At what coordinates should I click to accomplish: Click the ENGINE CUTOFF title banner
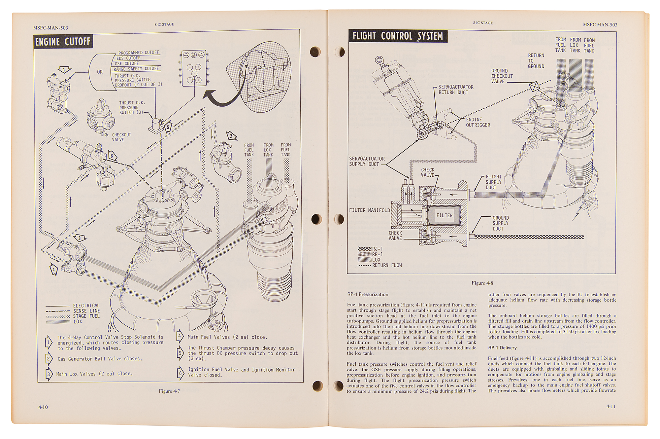pos(63,42)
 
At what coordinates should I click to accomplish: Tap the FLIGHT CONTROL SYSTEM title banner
pos(398,36)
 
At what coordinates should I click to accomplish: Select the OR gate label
pos(100,72)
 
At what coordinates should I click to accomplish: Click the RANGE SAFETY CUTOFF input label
pos(136,69)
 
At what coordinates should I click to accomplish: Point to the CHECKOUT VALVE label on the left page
pos(121,137)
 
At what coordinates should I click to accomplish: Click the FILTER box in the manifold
pos(444,215)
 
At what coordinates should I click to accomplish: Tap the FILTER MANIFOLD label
pos(369,210)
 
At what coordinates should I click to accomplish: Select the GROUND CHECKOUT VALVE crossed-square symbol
pos(534,87)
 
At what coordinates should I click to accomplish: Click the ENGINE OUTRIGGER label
pos(478,122)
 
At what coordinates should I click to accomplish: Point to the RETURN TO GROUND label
pos(536,61)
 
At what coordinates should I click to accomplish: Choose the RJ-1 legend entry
pos(371,249)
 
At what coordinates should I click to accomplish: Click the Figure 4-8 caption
pos(482,283)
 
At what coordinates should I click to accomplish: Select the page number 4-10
pos(43,407)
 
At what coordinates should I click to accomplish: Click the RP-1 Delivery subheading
pos(502,348)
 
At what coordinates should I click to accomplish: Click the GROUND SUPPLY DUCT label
pos(501,223)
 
